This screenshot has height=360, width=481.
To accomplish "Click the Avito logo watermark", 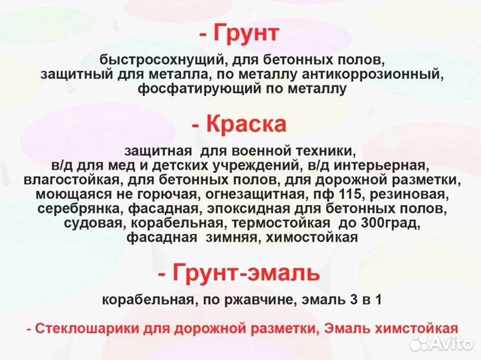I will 442,344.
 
